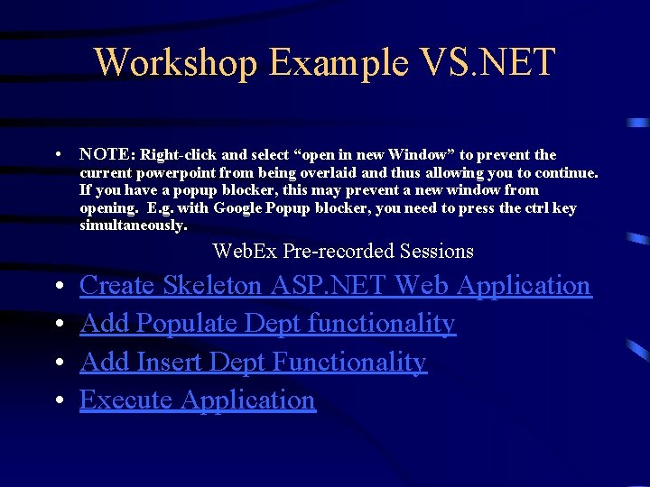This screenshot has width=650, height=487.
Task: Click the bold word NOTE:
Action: [107, 155]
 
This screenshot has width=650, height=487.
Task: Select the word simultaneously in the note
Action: [133, 225]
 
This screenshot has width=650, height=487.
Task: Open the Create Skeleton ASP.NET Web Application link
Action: [335, 286]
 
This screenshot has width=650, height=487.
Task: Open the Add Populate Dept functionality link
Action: [267, 324]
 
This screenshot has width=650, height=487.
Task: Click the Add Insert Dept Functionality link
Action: [253, 362]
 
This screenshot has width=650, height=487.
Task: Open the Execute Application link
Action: [198, 400]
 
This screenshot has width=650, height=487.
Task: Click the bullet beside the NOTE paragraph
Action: [57, 155]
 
